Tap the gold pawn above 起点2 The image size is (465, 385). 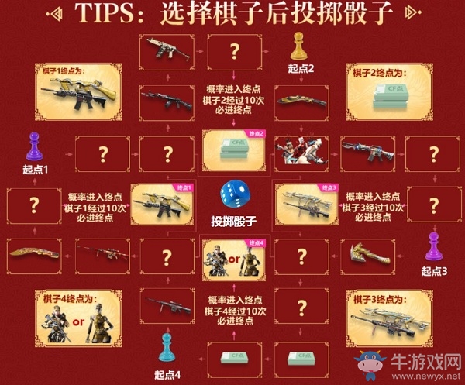[x=298, y=47]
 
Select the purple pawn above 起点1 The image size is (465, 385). [x=33, y=146]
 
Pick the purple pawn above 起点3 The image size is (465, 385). [x=434, y=247]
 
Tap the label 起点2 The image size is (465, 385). [x=298, y=69]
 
